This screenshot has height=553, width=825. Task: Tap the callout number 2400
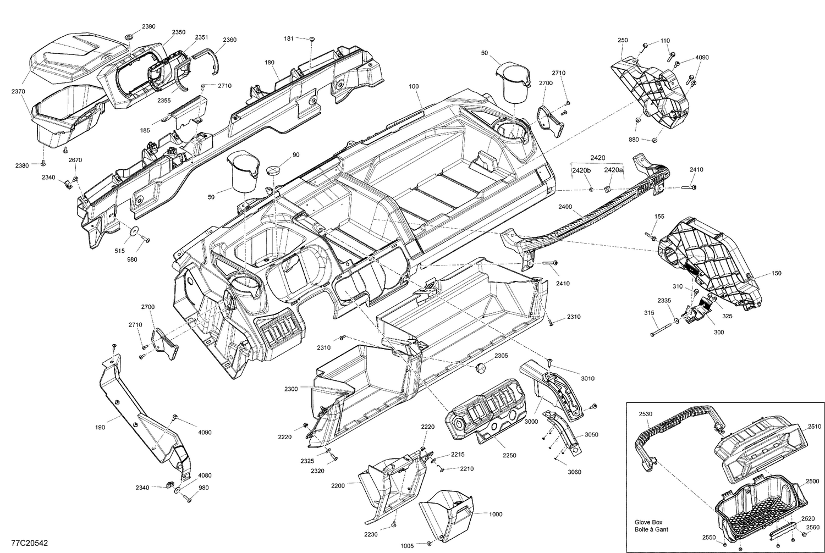coord(565,207)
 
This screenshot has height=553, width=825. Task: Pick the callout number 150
coord(776,273)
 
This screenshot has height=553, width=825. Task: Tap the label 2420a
coord(613,170)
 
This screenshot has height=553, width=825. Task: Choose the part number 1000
coord(496,514)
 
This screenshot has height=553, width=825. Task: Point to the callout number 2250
coord(509,456)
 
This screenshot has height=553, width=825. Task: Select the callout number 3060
coord(574,472)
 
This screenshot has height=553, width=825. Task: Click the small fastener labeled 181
coord(312,39)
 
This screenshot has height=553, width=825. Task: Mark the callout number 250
coord(623,40)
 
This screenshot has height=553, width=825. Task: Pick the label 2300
coord(291,389)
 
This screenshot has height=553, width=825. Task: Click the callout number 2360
coord(230,40)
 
